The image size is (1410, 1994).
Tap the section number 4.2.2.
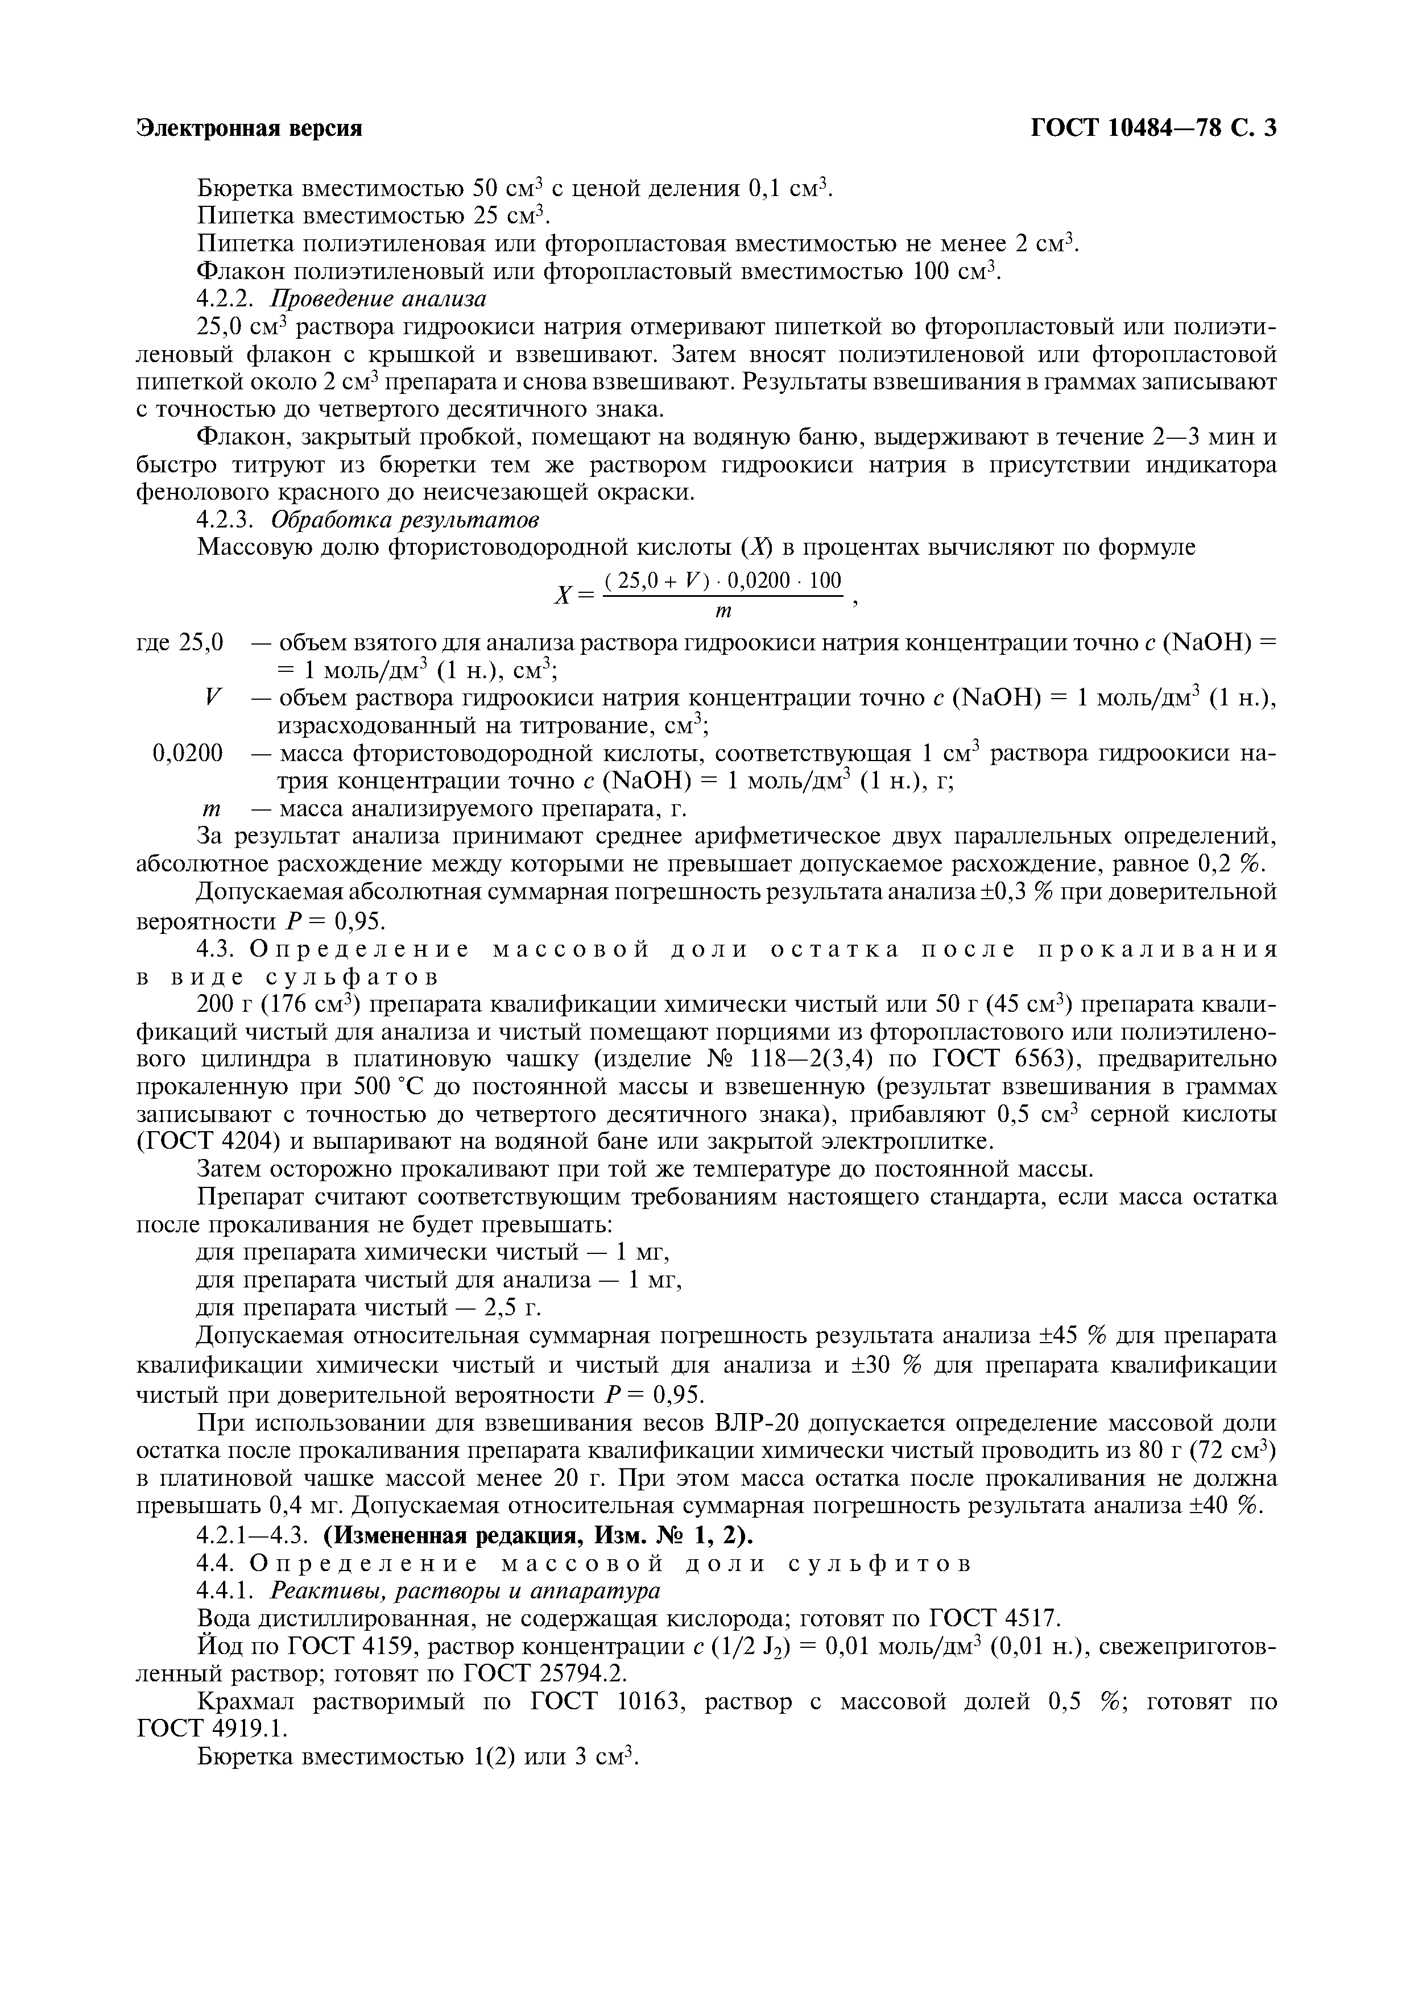225,299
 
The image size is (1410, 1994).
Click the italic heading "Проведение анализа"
379,299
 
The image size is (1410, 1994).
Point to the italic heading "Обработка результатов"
405,520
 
